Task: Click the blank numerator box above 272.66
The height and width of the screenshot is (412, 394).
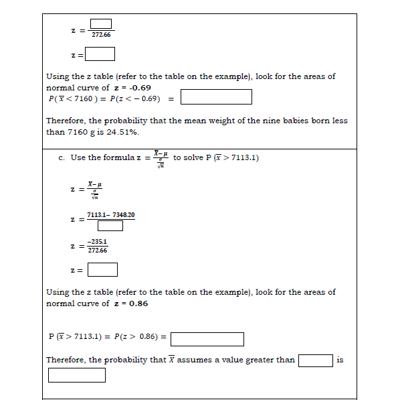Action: (x=100, y=25)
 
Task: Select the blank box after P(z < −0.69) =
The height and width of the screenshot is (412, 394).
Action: (x=216, y=97)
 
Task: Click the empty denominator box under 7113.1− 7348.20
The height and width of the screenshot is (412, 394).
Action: (x=110, y=225)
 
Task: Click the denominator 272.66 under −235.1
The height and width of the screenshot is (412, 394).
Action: (x=98, y=251)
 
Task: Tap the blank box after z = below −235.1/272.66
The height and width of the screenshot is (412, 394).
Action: (x=102, y=270)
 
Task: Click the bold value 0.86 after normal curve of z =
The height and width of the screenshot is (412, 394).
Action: (x=138, y=303)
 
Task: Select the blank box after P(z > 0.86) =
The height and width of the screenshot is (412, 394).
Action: (x=207, y=339)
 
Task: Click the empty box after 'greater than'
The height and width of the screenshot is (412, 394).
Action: (x=315, y=360)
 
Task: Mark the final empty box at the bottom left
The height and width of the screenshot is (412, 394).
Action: (x=76, y=375)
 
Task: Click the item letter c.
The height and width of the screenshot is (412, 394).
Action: (x=61, y=157)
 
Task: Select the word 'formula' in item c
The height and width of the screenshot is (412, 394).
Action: (x=117, y=157)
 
